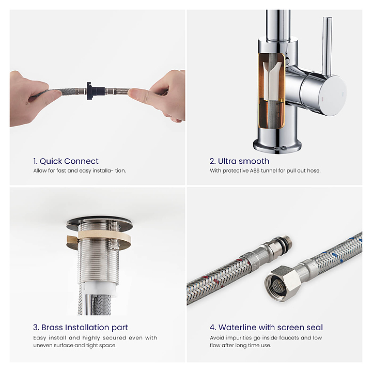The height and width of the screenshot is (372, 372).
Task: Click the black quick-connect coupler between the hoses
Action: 95,91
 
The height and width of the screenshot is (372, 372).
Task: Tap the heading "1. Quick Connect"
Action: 66,161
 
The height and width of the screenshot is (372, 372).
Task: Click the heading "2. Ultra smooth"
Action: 239,161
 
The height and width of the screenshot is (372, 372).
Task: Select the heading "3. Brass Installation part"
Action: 81,328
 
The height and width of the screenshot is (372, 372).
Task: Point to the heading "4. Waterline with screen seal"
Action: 266,328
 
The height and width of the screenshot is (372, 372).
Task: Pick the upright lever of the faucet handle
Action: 327,47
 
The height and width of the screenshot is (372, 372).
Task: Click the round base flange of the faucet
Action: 277,145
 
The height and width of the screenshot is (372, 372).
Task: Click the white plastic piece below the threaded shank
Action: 100,288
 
